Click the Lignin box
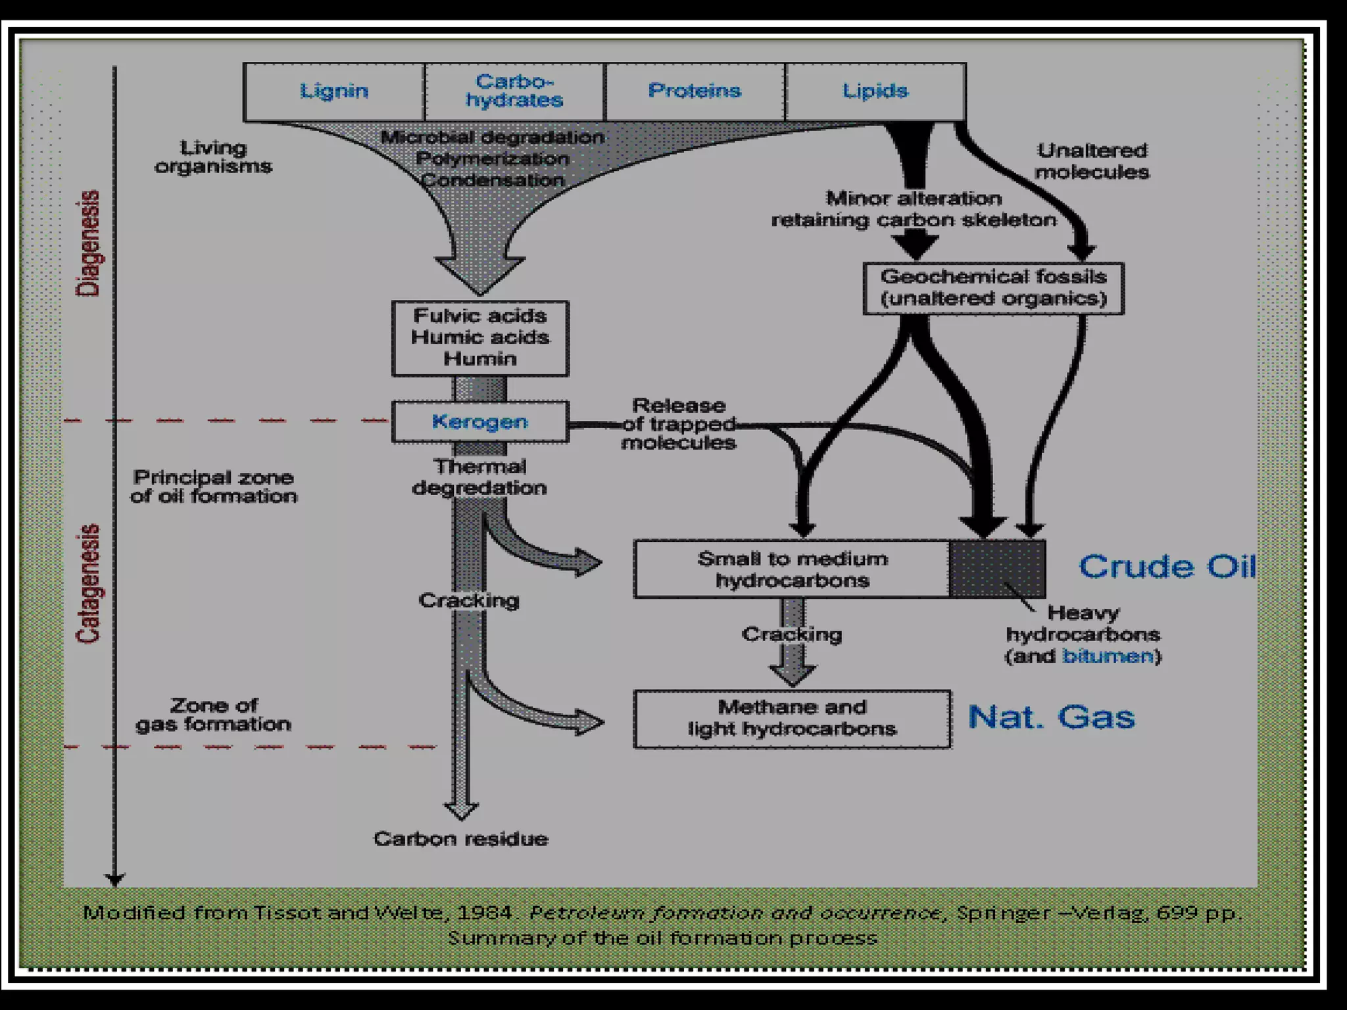pos(334,91)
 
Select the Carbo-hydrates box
pos(514,91)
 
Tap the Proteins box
pos(695,91)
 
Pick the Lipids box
pos(875,91)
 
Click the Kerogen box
pos(480,422)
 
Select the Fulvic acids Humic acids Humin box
pos(480,338)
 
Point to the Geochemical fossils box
pos(993,288)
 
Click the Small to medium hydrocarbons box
pos(792,569)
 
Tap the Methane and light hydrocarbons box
pos(792,719)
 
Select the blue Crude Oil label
pos(1167,567)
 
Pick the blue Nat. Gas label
pos(1051,717)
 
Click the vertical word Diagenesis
pos(88,243)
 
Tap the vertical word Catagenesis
pos(88,583)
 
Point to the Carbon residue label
pos(460,839)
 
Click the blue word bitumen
pos(1108,656)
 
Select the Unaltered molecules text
pos(1092,162)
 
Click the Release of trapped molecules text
pos(679,424)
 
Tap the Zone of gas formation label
pos(214,715)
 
